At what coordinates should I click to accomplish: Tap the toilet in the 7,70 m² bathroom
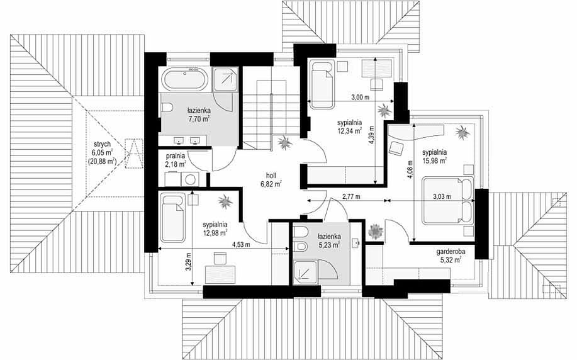(x=167, y=108)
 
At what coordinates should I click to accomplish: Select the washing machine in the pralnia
(x=191, y=179)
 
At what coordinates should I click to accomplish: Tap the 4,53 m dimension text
(x=241, y=244)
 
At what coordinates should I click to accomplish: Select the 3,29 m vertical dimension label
(x=188, y=262)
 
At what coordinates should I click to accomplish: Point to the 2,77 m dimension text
(x=351, y=196)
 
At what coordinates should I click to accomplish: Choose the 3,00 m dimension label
(x=360, y=98)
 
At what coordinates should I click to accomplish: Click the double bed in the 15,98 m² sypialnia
(x=448, y=201)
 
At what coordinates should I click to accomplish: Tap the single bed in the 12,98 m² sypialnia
(x=172, y=218)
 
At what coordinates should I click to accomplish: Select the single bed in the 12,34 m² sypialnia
(x=322, y=84)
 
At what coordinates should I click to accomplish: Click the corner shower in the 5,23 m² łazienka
(x=305, y=272)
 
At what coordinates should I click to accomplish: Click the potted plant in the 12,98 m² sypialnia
(x=225, y=201)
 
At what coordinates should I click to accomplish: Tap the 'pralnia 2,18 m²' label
(x=176, y=160)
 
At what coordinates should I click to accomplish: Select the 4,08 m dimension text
(x=410, y=168)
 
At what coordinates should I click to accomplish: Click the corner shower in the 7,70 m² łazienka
(x=225, y=79)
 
